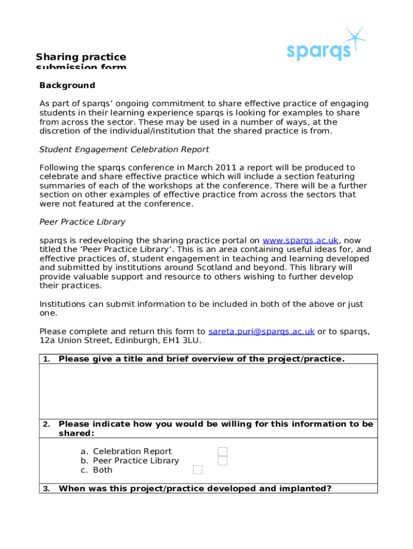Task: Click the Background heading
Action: (67, 85)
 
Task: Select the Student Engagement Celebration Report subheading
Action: (124, 149)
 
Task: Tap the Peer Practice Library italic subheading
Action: (82, 221)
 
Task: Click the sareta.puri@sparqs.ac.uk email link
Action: (261, 331)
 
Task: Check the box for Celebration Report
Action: (223, 451)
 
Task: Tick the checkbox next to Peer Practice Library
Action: (223, 461)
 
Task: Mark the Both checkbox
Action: (197, 470)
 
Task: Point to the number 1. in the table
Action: (47, 359)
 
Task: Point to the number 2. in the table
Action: (47, 424)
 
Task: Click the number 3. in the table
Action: (47, 488)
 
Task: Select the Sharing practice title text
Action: (81, 57)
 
